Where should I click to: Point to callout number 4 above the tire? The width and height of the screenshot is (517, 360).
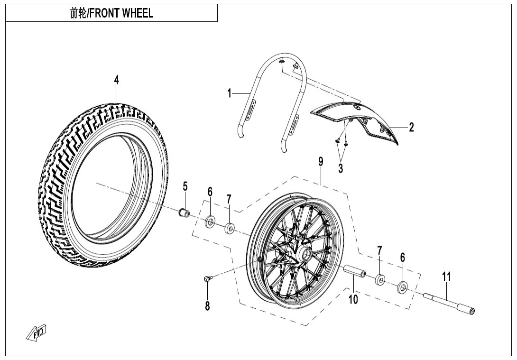[116, 80]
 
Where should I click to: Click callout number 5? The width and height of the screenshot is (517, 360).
[185, 186]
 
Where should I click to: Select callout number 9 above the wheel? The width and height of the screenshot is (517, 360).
[321, 162]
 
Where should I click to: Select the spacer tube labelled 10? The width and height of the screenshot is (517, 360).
[355, 273]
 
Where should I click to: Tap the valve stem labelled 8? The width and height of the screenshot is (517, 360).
[207, 279]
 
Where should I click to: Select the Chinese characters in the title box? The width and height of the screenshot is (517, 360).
[76, 13]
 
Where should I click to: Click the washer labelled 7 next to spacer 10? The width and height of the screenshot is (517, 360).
[380, 280]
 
